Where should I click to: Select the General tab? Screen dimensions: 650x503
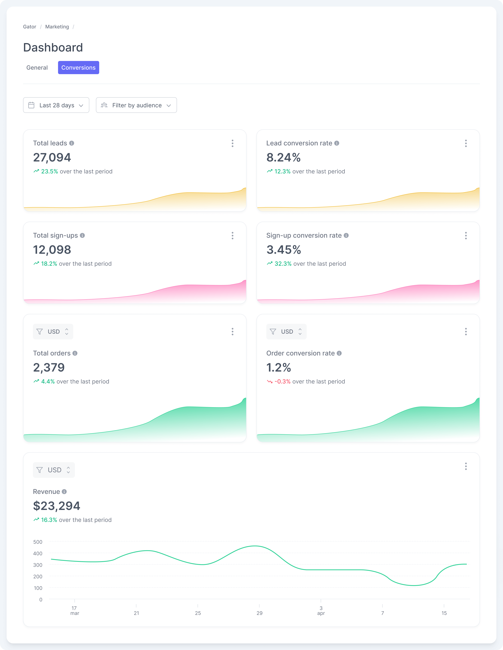(37, 68)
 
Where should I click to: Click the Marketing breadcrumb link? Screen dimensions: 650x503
(57, 27)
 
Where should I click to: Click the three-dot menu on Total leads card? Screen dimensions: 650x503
(232, 144)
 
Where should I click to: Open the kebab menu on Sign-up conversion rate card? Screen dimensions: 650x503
(466, 236)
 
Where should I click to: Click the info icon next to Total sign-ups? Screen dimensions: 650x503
(82, 235)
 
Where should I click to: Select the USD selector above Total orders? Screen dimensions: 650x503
(53, 332)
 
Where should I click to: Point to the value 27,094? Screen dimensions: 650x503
(52, 157)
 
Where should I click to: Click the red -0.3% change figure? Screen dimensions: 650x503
(282, 382)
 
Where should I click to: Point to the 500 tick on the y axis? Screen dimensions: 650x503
(38, 542)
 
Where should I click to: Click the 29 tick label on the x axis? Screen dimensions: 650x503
(259, 613)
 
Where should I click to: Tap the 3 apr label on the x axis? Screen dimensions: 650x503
(321, 610)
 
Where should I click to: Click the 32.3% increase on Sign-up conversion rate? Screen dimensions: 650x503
(283, 264)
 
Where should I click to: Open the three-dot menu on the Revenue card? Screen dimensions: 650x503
(466, 466)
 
